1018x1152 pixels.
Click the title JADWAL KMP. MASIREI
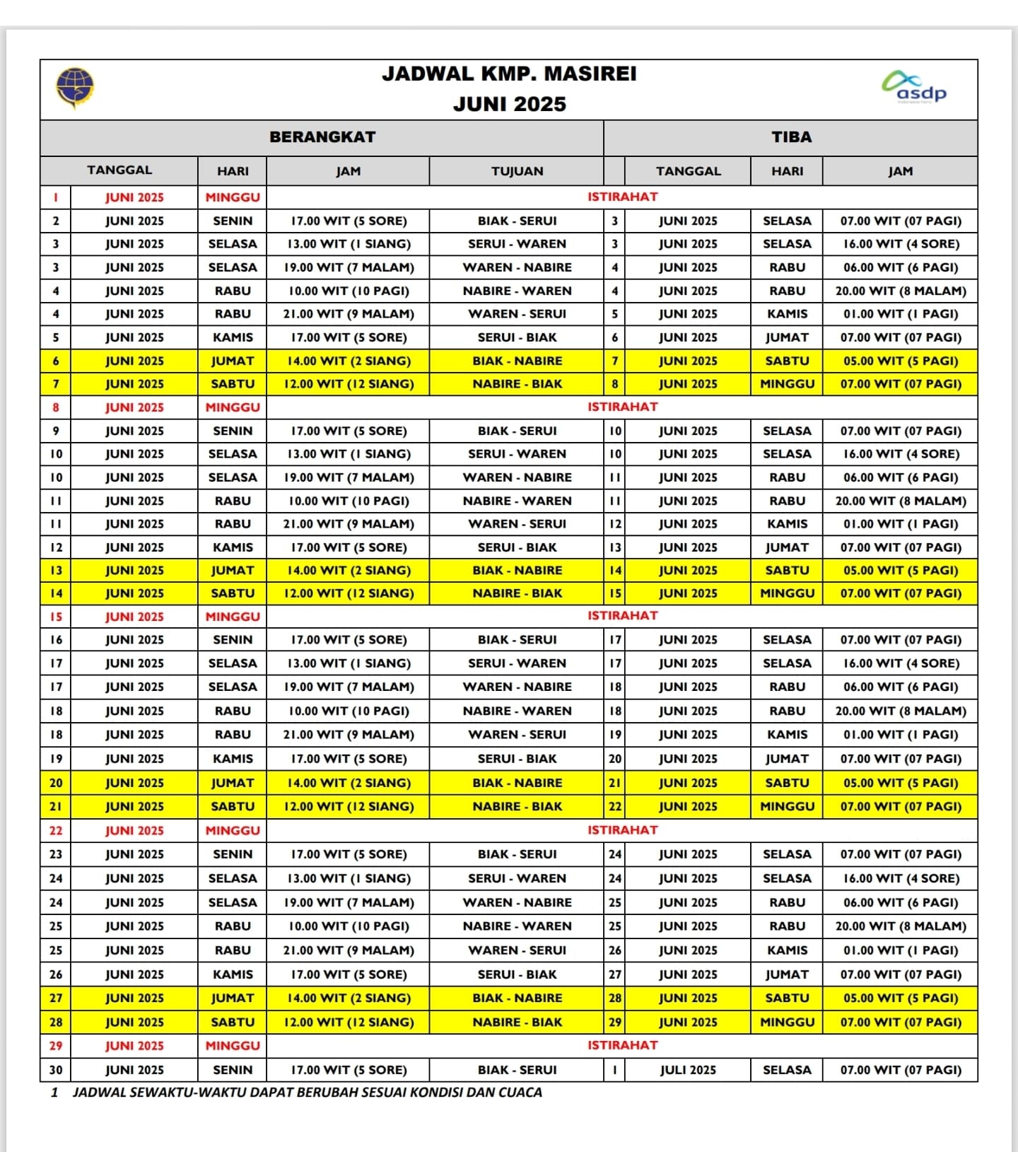pos(509,74)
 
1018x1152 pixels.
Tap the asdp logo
pos(916,87)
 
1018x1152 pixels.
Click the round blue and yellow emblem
pos(75,88)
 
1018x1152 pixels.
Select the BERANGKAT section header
pos(322,137)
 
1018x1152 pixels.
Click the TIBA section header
pos(791,137)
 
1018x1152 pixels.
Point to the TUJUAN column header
pos(517,171)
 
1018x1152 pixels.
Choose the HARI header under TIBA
pos(787,171)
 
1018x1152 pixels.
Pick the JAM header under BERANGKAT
pos(348,171)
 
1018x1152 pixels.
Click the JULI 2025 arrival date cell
pos(687,1070)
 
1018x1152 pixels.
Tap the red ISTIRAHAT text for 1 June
pos(622,197)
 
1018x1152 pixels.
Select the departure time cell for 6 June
pos(349,361)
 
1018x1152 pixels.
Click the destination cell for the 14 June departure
pos(517,593)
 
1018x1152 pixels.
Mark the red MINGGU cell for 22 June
pos(233,830)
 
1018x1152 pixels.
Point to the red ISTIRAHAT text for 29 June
pos(622,1045)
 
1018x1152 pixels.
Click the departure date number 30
pos(56,1070)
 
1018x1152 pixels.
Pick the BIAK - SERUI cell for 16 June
pos(517,639)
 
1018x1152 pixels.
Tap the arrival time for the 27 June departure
pos(900,998)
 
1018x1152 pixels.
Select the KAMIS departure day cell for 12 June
pos(233,547)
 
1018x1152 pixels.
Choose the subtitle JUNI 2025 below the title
pos(509,105)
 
